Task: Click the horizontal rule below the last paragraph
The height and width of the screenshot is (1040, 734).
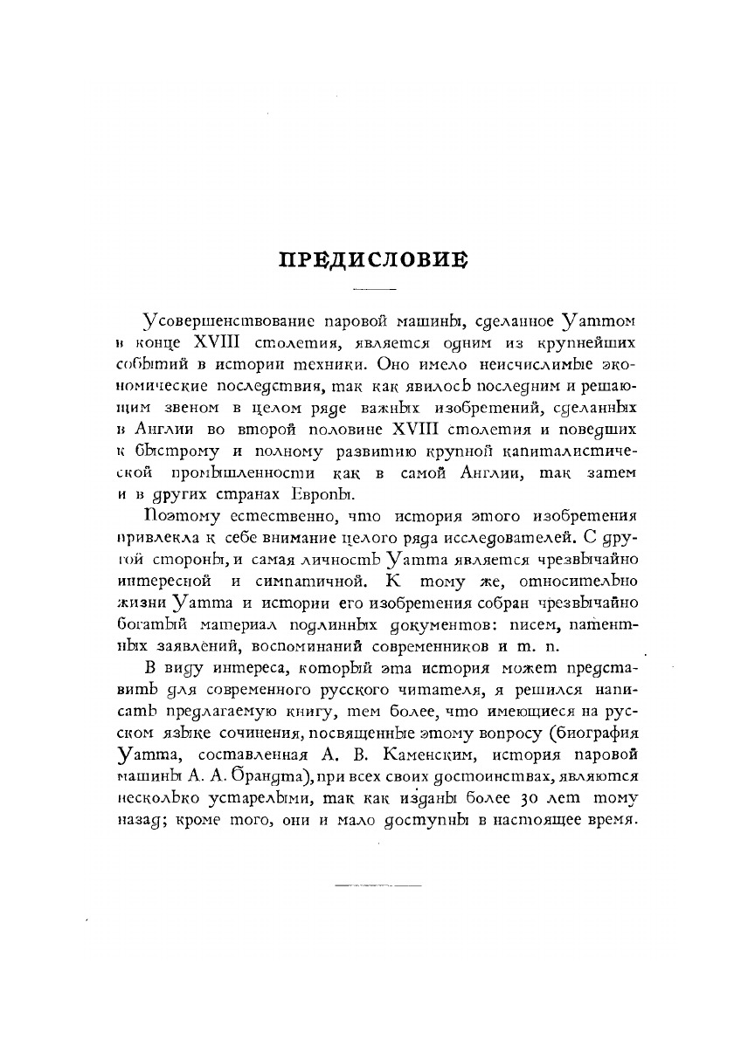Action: click(x=377, y=885)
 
